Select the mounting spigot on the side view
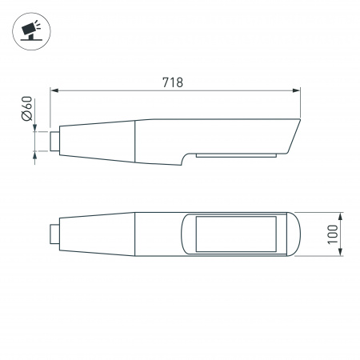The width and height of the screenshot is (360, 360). (54, 142)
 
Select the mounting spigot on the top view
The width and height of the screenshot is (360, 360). (54, 234)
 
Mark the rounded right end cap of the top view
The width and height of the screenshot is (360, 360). (293, 234)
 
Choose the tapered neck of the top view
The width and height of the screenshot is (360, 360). (96, 234)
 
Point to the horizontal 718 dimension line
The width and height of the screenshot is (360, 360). (120, 90)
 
